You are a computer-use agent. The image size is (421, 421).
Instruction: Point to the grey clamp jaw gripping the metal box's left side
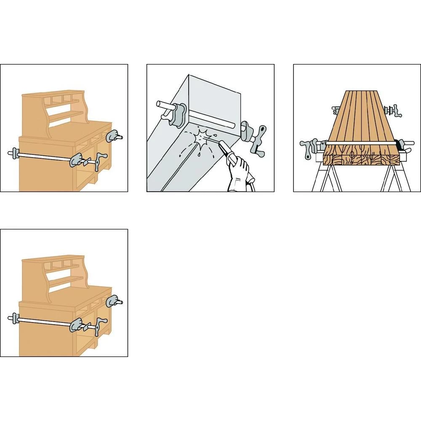click(x=179, y=115)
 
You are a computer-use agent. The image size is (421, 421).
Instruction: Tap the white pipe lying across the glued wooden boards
click(x=362, y=143)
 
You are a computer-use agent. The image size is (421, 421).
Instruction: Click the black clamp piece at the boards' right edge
click(x=398, y=145)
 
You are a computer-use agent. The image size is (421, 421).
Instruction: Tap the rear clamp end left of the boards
click(x=335, y=110)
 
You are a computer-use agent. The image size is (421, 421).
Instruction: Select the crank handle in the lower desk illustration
click(x=98, y=325)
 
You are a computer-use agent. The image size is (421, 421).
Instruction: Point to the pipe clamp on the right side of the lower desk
click(x=114, y=301)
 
